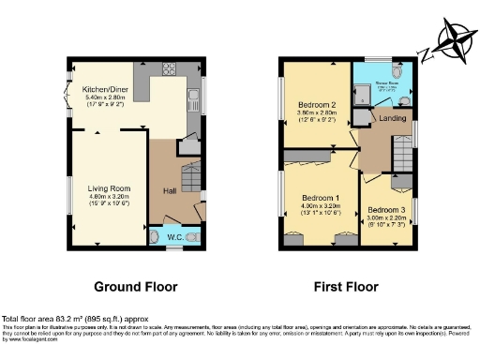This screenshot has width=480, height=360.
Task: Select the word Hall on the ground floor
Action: [171, 191]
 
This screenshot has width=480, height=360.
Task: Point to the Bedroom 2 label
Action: [317, 104]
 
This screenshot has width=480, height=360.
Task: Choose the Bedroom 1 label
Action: [320, 198]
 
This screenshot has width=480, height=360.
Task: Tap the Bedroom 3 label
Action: [386, 209]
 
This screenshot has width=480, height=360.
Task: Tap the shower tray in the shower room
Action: [362, 92]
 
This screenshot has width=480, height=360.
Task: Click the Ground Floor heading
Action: [136, 286]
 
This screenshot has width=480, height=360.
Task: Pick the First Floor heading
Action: [347, 286]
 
